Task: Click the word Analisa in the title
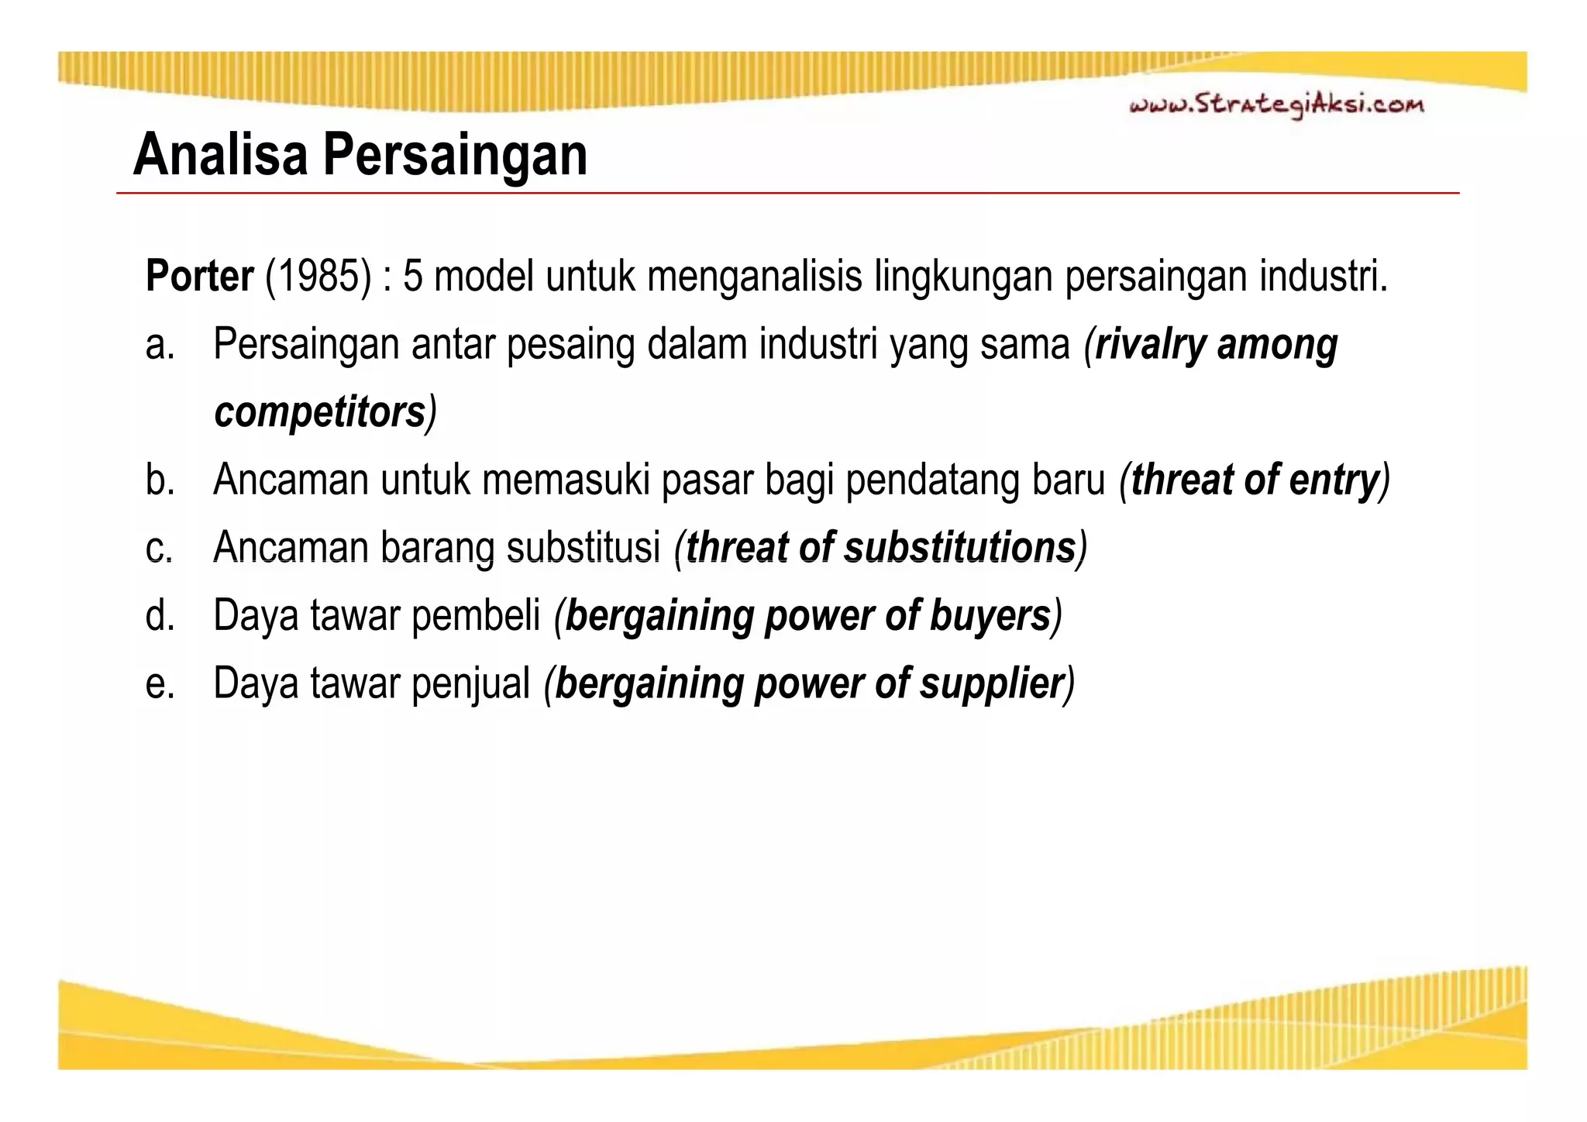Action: tap(220, 155)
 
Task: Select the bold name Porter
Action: tap(199, 277)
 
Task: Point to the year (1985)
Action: tap(318, 277)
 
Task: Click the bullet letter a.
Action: tap(159, 346)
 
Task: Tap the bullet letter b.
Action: tap(159, 480)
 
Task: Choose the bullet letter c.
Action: tap(159, 549)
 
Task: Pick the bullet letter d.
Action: tap(159, 616)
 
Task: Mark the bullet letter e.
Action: tap(159, 684)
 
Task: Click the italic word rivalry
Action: tap(1150, 346)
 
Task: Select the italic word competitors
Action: tap(320, 413)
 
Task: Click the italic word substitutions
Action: tap(960, 548)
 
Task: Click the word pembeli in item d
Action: tap(476, 616)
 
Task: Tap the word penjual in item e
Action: tap(470, 684)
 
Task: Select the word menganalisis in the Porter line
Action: tap(754, 277)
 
